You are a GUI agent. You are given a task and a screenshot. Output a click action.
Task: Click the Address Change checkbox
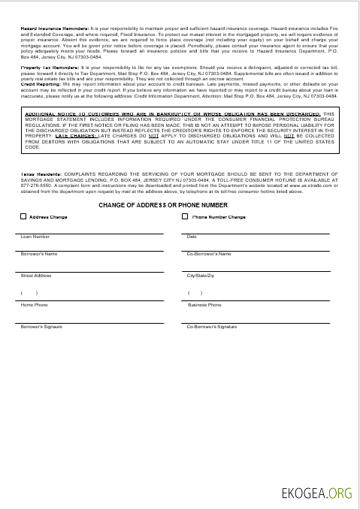pyautogui.click(x=23, y=217)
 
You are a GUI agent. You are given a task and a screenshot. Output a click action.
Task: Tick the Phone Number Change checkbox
pyautogui.click(x=186, y=217)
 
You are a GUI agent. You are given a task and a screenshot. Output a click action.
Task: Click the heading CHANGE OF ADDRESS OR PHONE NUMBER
pyautogui.click(x=162, y=204)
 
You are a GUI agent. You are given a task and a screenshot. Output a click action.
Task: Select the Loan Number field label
pyautogui.click(x=35, y=237)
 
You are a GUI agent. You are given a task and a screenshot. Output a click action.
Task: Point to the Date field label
pyautogui.click(x=192, y=237)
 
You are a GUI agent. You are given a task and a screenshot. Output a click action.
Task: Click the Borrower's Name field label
pyautogui.click(x=39, y=254)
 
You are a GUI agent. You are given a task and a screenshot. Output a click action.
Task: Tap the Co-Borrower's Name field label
pyautogui.click(x=208, y=254)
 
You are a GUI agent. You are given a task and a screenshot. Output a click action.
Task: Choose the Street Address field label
pyautogui.click(x=37, y=276)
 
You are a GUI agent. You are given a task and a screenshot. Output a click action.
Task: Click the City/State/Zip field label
pyautogui.click(x=201, y=276)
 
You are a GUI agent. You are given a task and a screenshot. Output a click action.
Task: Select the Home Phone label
pyautogui.click(x=34, y=305)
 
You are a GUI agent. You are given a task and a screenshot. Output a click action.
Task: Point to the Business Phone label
pyautogui.click(x=204, y=305)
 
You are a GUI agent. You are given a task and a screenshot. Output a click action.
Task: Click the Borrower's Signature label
pyautogui.click(x=42, y=327)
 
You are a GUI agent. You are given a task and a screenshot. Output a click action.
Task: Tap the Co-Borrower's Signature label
pyautogui.click(x=212, y=327)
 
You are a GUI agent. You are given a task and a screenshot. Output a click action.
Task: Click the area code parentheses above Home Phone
pyautogui.click(x=29, y=293)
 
